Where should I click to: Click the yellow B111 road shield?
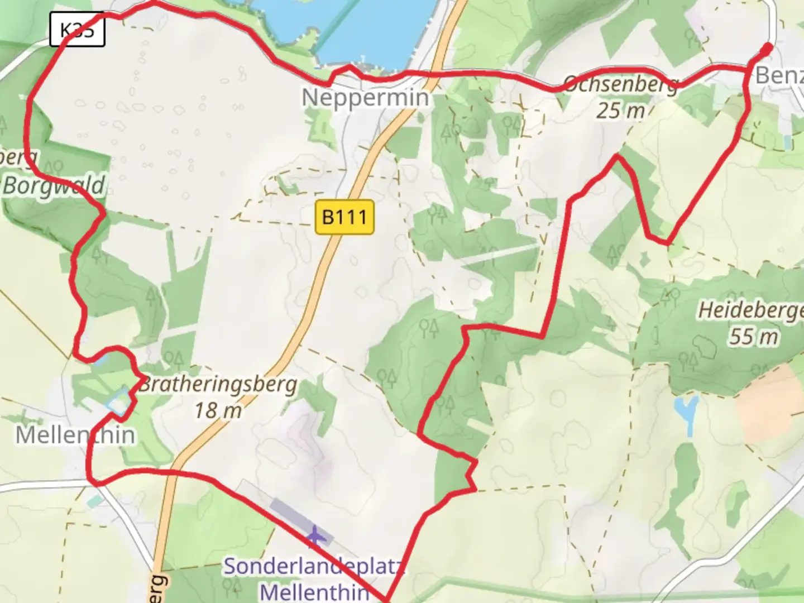click(x=344, y=217)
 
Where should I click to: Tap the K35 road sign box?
click(x=77, y=29)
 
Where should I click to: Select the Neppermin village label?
click(x=366, y=98)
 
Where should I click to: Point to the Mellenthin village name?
click(x=75, y=435)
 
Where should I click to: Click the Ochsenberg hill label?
click(x=621, y=84)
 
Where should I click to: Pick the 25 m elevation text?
click(x=620, y=111)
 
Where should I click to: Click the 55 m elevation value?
click(x=753, y=336)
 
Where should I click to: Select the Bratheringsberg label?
click(x=218, y=385)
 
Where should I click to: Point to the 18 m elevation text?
click(x=218, y=411)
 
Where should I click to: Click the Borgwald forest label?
click(x=54, y=185)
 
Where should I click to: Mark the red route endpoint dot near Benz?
click(x=767, y=49)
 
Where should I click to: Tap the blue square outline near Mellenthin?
click(x=118, y=401)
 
